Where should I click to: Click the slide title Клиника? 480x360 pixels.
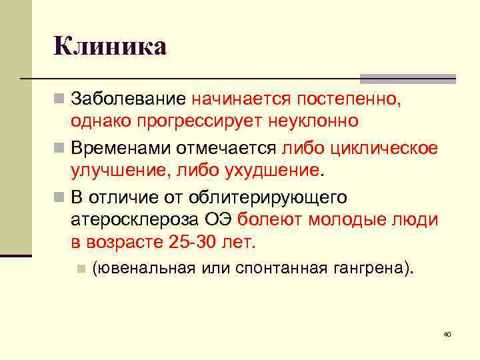[110, 47]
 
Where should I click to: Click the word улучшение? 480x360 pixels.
[120, 171]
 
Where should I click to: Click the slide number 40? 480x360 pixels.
[447, 333]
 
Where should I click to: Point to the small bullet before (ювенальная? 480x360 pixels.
[81, 269]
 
